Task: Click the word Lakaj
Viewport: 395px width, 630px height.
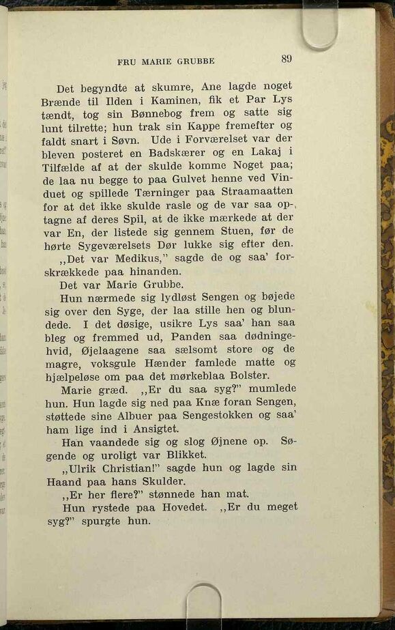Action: click(263, 152)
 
